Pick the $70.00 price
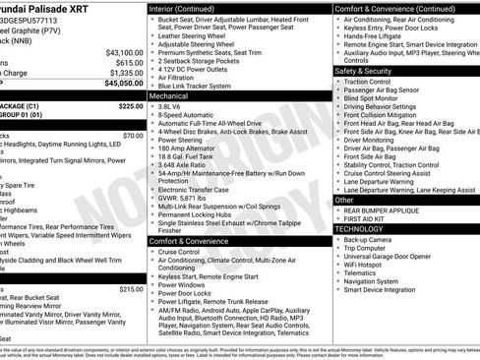[132, 136]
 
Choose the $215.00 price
[130, 289]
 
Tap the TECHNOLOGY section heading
[360, 228]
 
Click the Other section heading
[344, 199]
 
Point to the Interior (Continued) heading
[190, 8]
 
